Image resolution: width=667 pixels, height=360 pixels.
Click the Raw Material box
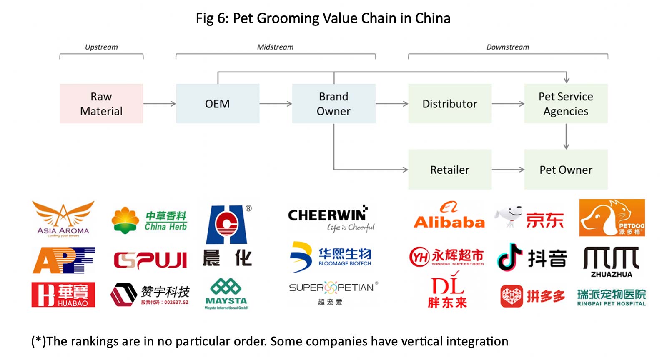pyautogui.click(x=101, y=104)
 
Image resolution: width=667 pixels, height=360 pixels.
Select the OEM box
pyautogui.click(x=217, y=104)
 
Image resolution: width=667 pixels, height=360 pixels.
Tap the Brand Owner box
pyautogui.click(x=333, y=104)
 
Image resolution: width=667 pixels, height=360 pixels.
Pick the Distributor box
pyautogui.click(x=450, y=104)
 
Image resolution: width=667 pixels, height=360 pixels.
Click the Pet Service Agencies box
pyautogui.click(x=566, y=104)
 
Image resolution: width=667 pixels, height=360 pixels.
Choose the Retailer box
pyautogui.click(x=450, y=170)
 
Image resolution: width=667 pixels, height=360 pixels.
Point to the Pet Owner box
pyautogui.click(x=566, y=170)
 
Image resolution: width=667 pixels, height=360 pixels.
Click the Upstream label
pyautogui.click(x=101, y=47)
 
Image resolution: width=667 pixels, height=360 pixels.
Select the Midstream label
pyautogui.click(x=275, y=47)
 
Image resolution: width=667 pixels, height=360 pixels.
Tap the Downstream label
pyautogui.click(x=508, y=47)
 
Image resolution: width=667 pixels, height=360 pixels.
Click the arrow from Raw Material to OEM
pyautogui.click(x=159, y=104)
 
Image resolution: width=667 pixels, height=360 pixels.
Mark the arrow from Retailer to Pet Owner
pyautogui.click(x=508, y=170)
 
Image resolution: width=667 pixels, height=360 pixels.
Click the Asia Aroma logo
pyautogui.click(x=63, y=219)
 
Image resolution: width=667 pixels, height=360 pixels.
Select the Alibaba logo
pyautogui.click(x=449, y=216)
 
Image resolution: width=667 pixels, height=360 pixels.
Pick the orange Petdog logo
pyautogui.click(x=612, y=217)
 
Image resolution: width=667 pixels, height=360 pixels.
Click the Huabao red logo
pyautogui.click(x=63, y=295)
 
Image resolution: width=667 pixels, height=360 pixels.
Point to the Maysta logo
pyautogui.click(x=226, y=295)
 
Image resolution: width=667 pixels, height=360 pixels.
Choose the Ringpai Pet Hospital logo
pyautogui.click(x=611, y=297)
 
